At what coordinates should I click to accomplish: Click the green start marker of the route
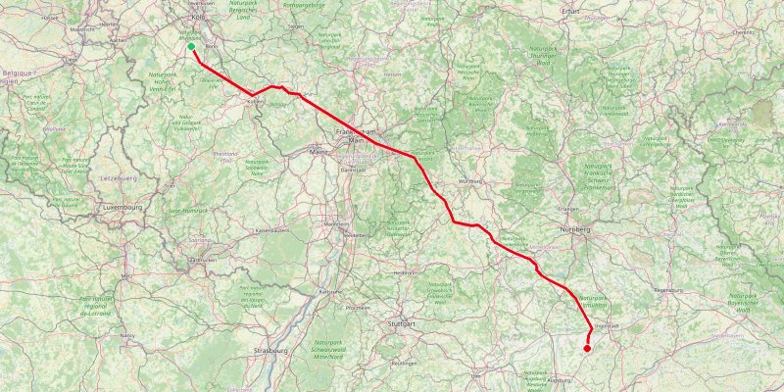191,46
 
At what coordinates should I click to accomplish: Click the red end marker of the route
587,348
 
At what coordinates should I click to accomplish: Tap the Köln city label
199,17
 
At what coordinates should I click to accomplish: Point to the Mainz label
318,152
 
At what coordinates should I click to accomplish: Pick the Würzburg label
471,180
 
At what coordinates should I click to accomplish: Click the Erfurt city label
572,10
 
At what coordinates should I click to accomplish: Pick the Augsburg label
559,379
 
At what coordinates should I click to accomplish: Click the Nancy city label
127,335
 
